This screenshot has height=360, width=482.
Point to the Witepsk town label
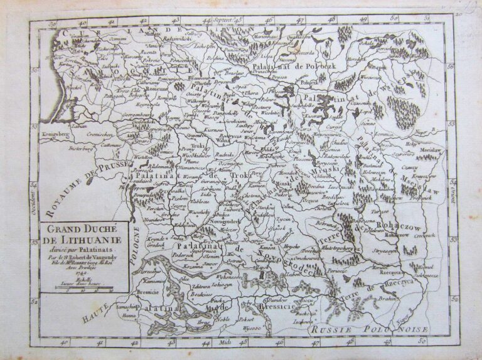click(x=377, y=66)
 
